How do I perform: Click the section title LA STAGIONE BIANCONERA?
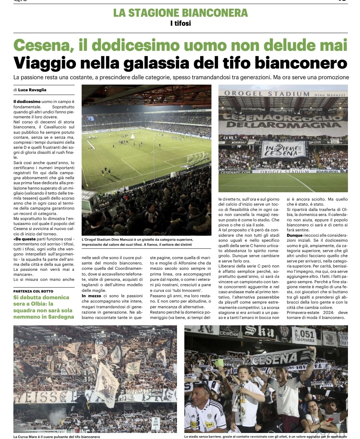(x=180, y=13)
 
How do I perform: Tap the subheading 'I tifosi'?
(x=180, y=23)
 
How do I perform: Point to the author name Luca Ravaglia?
(x=32, y=90)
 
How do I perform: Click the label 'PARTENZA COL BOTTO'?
(x=33, y=291)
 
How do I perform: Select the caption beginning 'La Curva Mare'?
(x=57, y=437)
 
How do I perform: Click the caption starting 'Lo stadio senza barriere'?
(x=265, y=437)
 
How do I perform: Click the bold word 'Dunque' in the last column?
(x=294, y=235)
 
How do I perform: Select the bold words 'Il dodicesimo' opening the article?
(x=27, y=102)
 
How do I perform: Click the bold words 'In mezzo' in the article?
(x=91, y=296)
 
